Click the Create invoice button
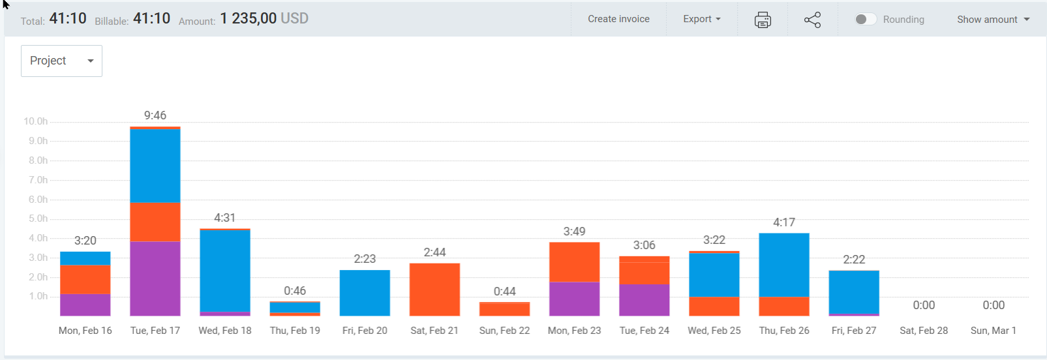[x=618, y=19]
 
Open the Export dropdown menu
[x=701, y=19]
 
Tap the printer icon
[x=763, y=20]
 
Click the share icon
[x=812, y=20]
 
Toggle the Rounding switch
[x=865, y=20]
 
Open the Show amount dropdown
[x=993, y=20]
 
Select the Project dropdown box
[x=61, y=61]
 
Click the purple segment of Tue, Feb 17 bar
[x=155, y=278]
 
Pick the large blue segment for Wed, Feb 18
[x=225, y=271]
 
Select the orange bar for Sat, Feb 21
[x=434, y=290]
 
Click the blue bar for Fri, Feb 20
[x=365, y=293]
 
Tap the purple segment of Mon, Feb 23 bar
[x=574, y=299]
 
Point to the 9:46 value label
[x=155, y=115]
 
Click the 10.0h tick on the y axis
[x=36, y=121]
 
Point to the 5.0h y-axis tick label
[x=38, y=218]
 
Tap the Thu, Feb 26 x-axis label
[x=784, y=331]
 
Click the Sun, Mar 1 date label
[x=993, y=331]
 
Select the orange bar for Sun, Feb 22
[x=504, y=309]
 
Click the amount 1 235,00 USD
[x=264, y=19]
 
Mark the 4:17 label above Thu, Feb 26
[x=784, y=222]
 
